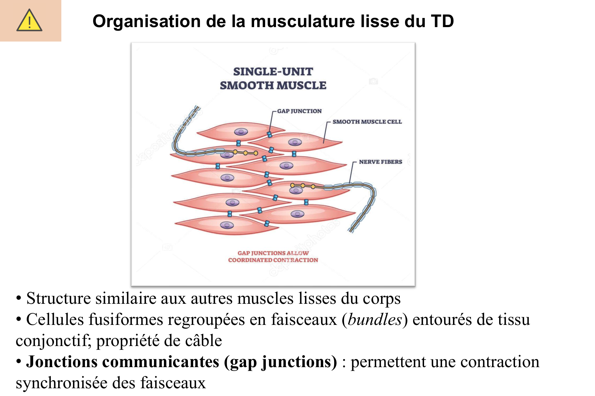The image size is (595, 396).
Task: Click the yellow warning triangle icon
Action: [x=29, y=21]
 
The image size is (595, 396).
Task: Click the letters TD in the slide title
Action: [x=442, y=21]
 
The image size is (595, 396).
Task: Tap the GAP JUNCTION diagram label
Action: [x=299, y=111]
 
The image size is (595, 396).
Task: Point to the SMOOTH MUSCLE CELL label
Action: [x=367, y=122]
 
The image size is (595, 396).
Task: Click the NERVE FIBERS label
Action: [x=380, y=162]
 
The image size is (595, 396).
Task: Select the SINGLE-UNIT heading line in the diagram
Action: [x=273, y=72]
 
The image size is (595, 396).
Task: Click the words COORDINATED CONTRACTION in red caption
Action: [x=273, y=260]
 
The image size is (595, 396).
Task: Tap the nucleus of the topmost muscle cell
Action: [x=241, y=132]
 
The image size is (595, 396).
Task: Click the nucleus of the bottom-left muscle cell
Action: [x=227, y=225]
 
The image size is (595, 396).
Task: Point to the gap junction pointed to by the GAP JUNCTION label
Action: [x=270, y=134]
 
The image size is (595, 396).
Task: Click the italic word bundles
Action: [x=375, y=320]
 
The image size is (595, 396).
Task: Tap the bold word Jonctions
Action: [x=62, y=362]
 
